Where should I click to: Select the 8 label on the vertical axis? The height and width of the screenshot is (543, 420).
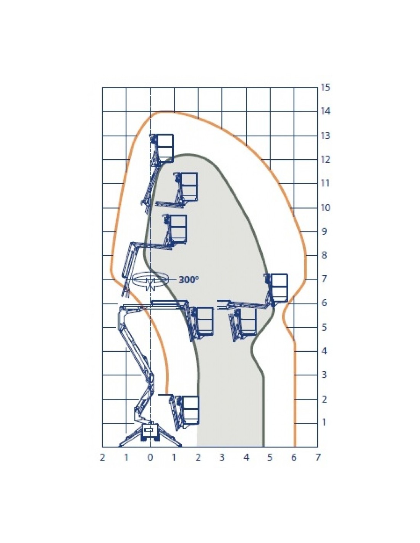(x=324, y=255)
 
